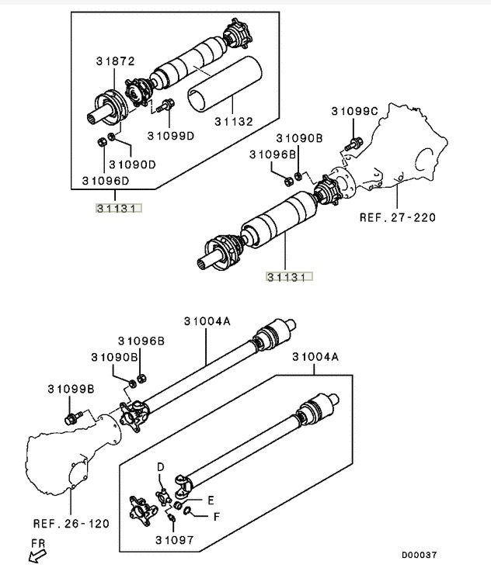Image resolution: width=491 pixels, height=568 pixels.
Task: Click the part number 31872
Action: tap(115, 61)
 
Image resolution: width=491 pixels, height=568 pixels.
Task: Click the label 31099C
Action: tap(356, 111)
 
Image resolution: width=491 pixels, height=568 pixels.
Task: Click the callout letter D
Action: tap(162, 466)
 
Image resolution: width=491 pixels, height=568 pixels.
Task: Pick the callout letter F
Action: tap(217, 515)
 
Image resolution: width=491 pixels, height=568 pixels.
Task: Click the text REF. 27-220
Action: tap(396, 217)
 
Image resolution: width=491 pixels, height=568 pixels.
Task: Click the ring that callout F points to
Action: tap(189, 511)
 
